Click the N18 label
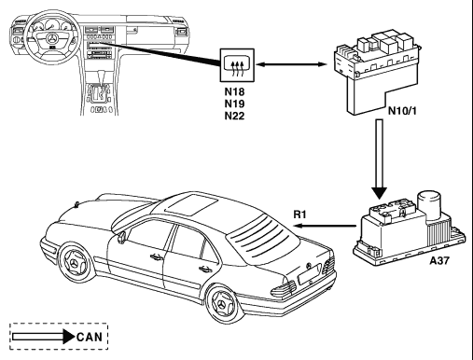pyautogui.click(x=234, y=91)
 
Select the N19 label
pyautogui.click(x=234, y=104)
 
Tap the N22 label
pyautogui.click(x=234, y=116)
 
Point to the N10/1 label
pyautogui.click(x=402, y=111)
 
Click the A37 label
pyautogui.click(x=439, y=260)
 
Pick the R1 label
pyautogui.click(x=299, y=215)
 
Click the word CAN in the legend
pyautogui.click(x=90, y=337)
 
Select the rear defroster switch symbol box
pyautogui.click(x=237, y=65)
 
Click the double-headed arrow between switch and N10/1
pyautogui.click(x=291, y=64)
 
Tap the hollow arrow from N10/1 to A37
pyautogui.click(x=380, y=159)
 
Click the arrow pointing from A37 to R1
pyautogui.click(x=326, y=225)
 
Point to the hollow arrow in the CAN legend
pyautogui.click(x=43, y=337)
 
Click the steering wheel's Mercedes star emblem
pyautogui.click(x=52, y=39)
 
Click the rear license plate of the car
pyautogui.click(x=310, y=273)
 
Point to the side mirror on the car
pyautogui.click(x=121, y=237)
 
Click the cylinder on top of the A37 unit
pyautogui.click(x=428, y=204)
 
